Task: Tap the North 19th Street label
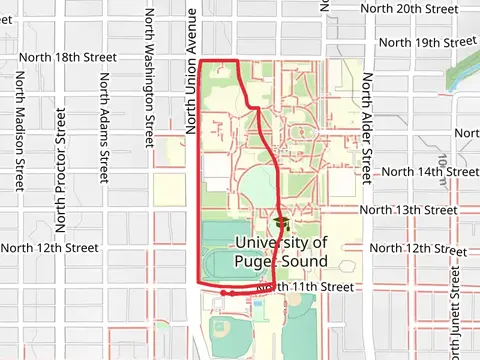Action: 427,43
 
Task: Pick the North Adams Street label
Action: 103,133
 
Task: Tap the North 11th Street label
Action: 306,287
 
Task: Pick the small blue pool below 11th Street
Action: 259,303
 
